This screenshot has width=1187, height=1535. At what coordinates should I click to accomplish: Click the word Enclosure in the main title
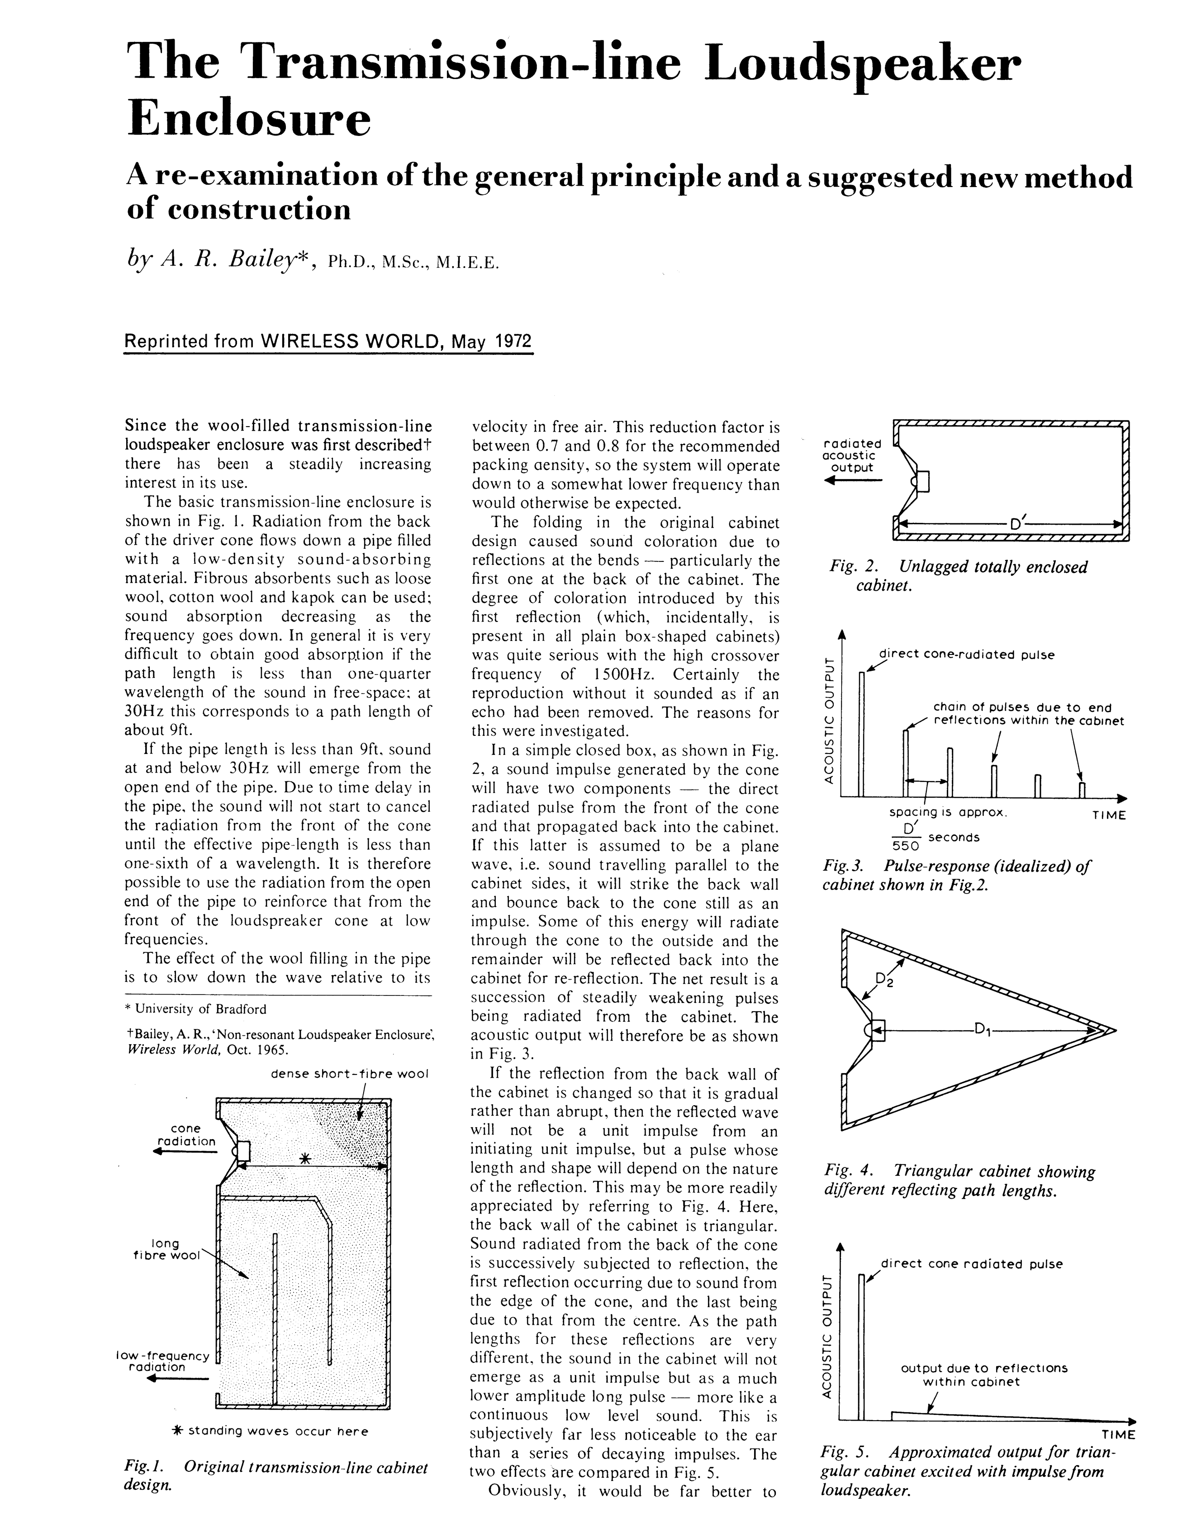249,120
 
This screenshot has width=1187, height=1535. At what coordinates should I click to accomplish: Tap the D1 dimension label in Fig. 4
982,1030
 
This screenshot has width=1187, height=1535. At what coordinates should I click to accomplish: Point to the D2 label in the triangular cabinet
883,980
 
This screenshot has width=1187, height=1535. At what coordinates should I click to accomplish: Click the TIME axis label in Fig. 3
1109,815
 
